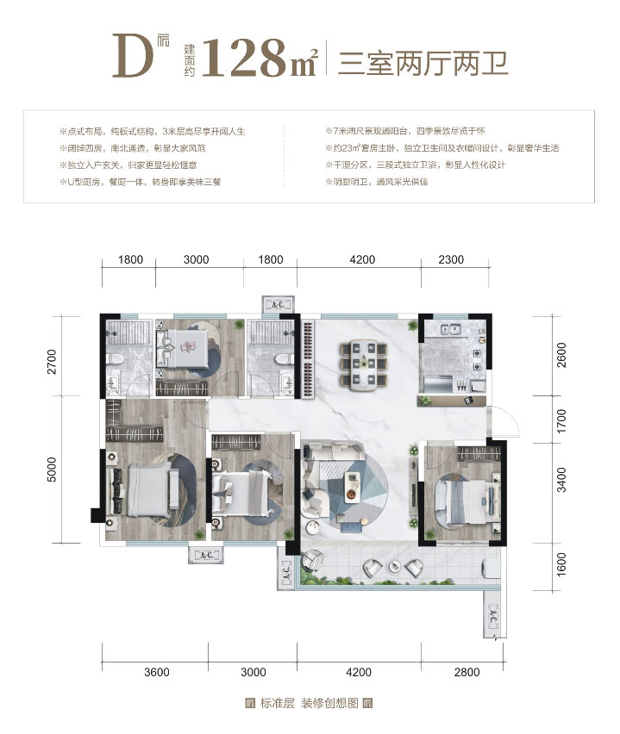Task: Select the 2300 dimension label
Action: [x=450, y=259]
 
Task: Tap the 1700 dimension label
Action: [x=561, y=422]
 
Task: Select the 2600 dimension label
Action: [x=561, y=354]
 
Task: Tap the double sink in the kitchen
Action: [x=451, y=328]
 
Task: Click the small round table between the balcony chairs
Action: [x=394, y=567]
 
